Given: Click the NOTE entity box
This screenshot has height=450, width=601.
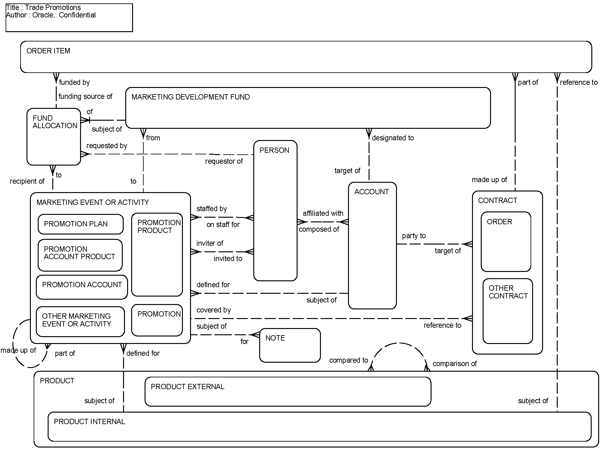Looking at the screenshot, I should click(x=290, y=345).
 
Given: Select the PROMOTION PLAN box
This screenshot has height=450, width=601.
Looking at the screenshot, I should click(x=80, y=224).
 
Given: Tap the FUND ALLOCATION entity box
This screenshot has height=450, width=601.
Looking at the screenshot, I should click(x=54, y=137).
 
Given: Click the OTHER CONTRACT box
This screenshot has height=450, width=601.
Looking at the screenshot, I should click(x=508, y=311).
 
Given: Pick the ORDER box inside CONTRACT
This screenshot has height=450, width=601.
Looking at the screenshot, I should click(x=506, y=242).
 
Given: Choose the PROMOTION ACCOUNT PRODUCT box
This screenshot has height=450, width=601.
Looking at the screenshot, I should click(x=80, y=255).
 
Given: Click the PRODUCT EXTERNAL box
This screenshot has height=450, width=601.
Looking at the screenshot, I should click(x=288, y=391).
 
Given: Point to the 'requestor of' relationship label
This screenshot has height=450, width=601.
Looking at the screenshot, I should click(x=224, y=161).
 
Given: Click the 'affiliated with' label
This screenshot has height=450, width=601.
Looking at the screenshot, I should click(x=323, y=213).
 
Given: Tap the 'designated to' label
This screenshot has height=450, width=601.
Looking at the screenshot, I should click(x=393, y=138).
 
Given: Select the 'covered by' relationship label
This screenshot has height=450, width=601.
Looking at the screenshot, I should click(x=214, y=310).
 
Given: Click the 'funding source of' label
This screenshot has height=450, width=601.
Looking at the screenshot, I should click(x=85, y=96).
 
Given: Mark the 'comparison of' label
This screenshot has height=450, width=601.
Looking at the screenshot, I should click(x=455, y=364).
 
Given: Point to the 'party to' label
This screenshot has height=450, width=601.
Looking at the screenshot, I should click(x=413, y=236).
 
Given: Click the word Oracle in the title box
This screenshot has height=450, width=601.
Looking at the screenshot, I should click(x=43, y=15).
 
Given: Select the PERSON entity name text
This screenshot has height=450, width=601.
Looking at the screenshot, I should click(x=274, y=150).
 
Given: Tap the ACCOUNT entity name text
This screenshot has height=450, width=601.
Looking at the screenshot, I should click(x=371, y=192).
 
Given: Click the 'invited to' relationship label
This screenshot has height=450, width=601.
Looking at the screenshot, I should click(x=228, y=259).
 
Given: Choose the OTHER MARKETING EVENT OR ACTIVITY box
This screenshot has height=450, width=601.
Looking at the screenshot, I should click(x=80, y=322).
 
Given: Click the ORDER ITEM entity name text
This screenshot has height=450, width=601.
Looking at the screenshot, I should click(x=48, y=51).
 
